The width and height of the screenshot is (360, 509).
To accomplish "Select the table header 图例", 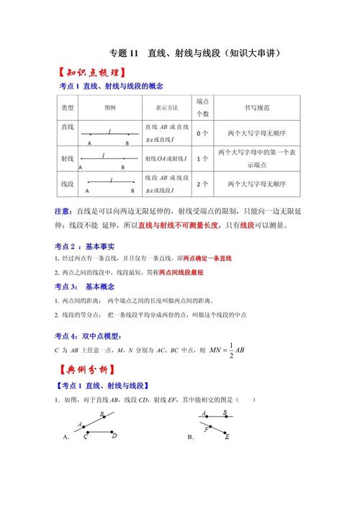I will tap(110, 107).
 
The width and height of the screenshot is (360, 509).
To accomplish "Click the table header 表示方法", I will tap(166, 107).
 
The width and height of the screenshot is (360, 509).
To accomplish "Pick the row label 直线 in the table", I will tap(68, 127).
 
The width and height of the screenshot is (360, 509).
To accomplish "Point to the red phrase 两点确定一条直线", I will tap(207, 258).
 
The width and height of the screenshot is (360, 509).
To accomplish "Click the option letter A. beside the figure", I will tap(66, 437).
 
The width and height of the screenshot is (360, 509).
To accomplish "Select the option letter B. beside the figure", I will tap(191, 437).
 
